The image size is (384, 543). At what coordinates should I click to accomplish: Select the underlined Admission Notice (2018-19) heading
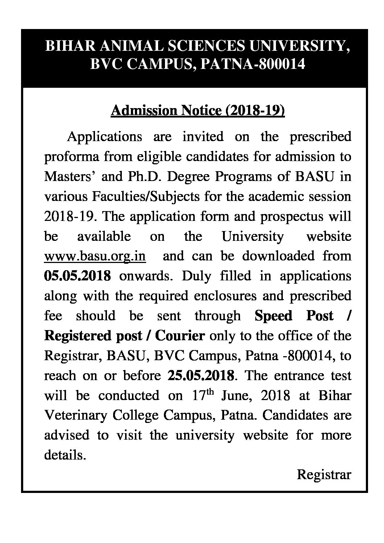pos(198,111)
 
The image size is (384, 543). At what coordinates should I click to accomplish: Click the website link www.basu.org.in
pos(95,256)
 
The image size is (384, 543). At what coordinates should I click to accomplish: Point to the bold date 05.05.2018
pos(77,276)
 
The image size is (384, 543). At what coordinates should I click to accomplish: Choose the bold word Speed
pos(273,316)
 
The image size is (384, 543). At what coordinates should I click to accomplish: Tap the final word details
pos(65,454)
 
